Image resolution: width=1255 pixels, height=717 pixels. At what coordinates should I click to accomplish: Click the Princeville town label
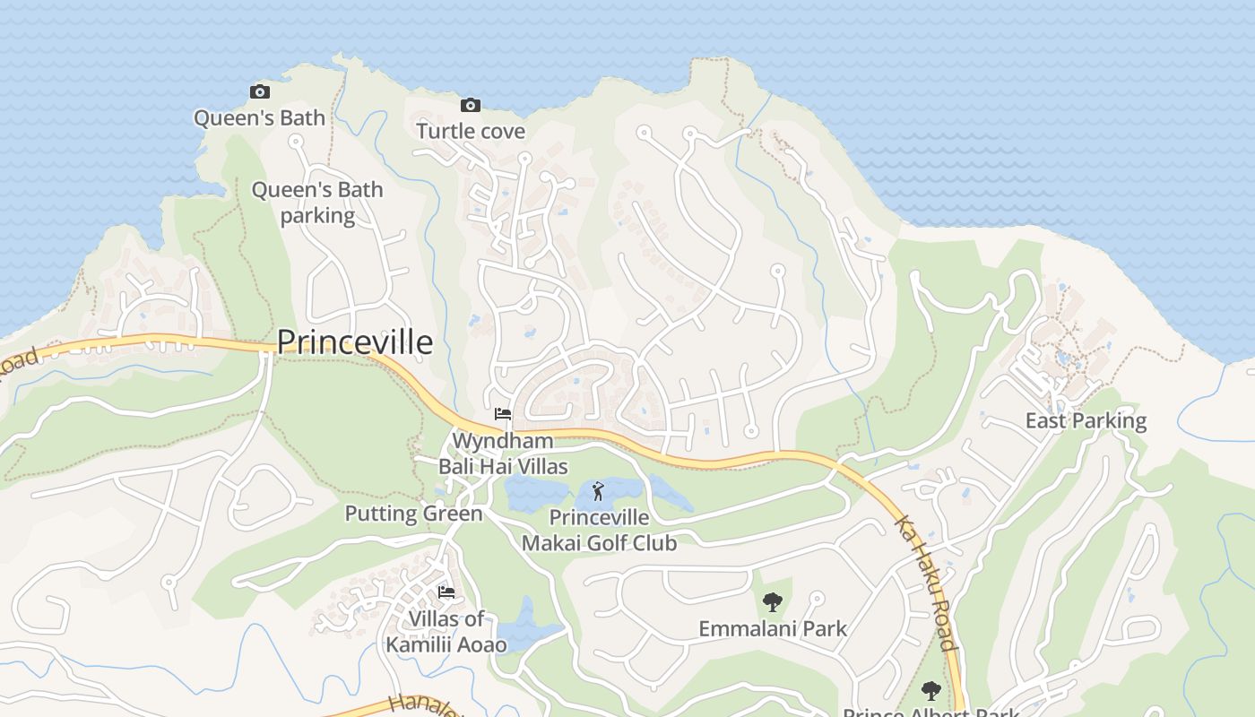[354, 342]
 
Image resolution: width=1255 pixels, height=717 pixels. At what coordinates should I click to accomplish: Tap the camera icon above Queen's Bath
[259, 91]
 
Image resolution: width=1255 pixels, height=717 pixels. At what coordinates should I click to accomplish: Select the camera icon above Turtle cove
[470, 106]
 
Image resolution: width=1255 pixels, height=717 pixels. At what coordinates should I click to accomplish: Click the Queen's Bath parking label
[317, 203]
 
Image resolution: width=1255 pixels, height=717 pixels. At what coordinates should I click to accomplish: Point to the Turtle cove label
[471, 131]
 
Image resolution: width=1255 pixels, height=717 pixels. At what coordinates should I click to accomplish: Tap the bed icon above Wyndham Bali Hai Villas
[503, 414]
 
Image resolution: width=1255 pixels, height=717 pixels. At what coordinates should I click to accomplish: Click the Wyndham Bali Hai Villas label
[503, 454]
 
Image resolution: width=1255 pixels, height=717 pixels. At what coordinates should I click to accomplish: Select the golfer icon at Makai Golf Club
[598, 491]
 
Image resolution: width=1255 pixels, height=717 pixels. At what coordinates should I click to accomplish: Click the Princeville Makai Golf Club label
[599, 530]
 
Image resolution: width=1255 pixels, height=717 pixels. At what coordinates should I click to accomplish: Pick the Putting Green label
[413, 514]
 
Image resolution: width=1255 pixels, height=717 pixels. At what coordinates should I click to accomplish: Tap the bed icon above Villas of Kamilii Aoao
[446, 592]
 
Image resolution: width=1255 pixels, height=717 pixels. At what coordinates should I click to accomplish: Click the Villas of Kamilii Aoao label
[446, 631]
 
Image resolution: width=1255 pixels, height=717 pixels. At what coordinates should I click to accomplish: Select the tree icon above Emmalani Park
[772, 602]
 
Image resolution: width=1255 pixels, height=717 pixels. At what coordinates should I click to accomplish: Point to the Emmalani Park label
[772, 628]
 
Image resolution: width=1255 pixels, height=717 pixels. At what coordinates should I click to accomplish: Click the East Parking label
[1086, 420]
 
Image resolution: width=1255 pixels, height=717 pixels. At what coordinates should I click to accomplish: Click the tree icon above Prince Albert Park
[931, 691]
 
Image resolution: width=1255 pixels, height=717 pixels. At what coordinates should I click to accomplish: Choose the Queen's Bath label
[259, 117]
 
